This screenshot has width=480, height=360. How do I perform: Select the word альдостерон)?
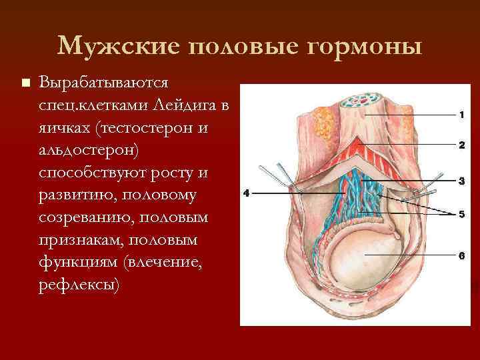(89, 150)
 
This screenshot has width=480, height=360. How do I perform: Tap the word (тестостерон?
(144, 128)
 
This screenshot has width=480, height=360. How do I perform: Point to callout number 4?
(246, 194)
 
